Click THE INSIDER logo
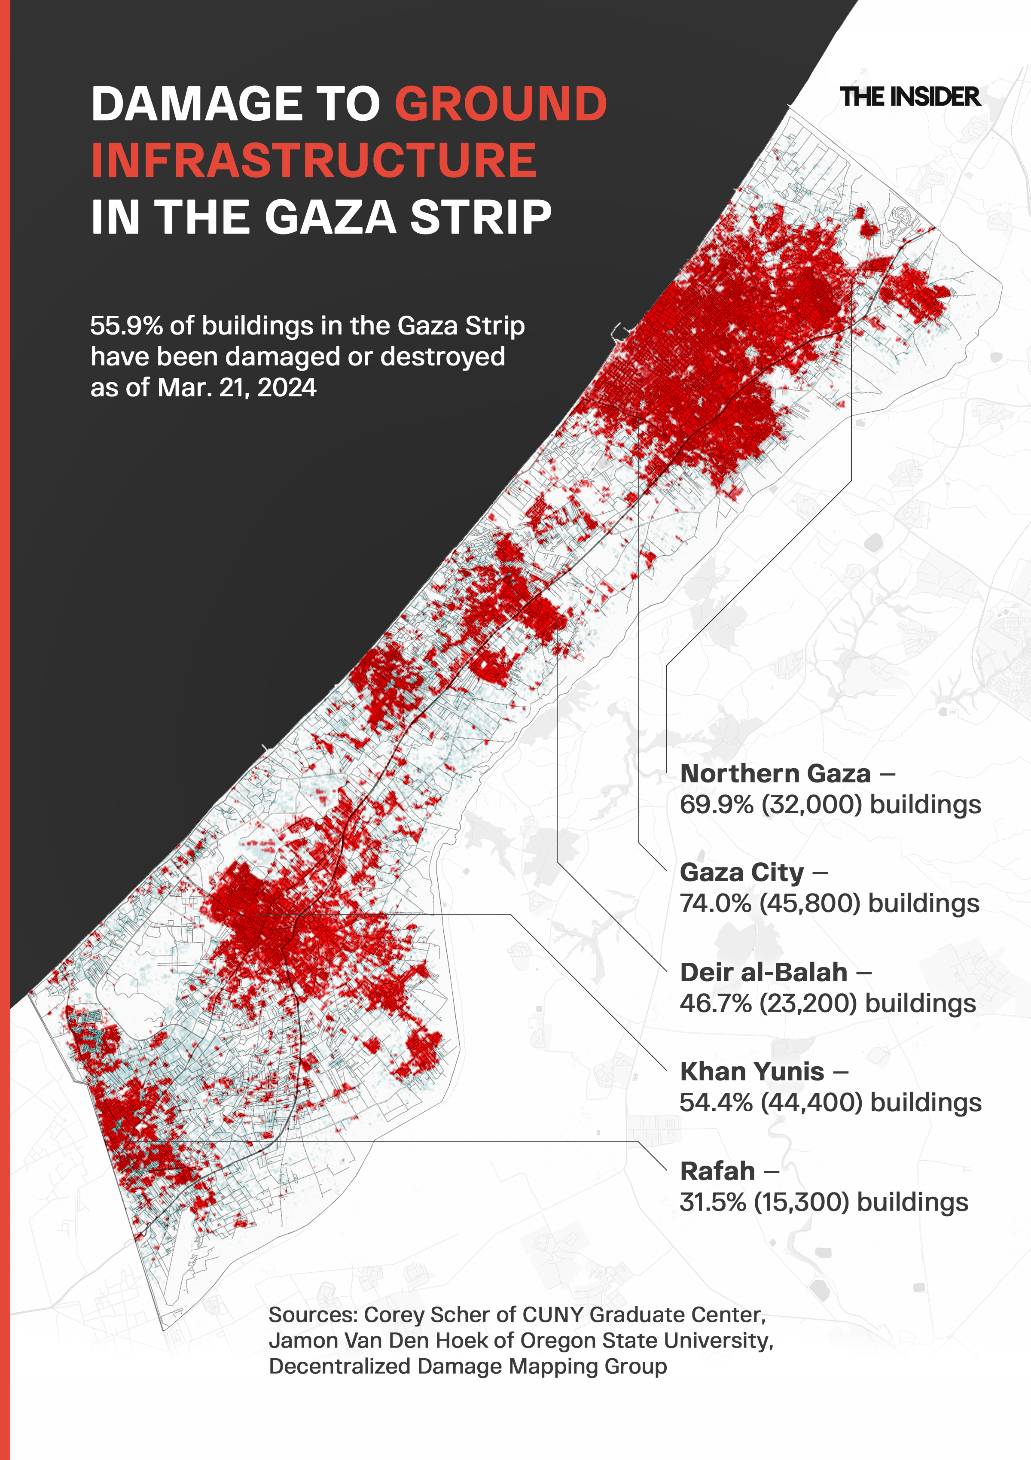click(x=909, y=97)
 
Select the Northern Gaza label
click(x=775, y=773)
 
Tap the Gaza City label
click(x=741, y=873)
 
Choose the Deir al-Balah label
click(x=763, y=972)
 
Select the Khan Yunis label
click(x=752, y=1071)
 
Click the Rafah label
click(x=717, y=1171)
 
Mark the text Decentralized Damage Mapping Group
click(x=467, y=1366)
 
